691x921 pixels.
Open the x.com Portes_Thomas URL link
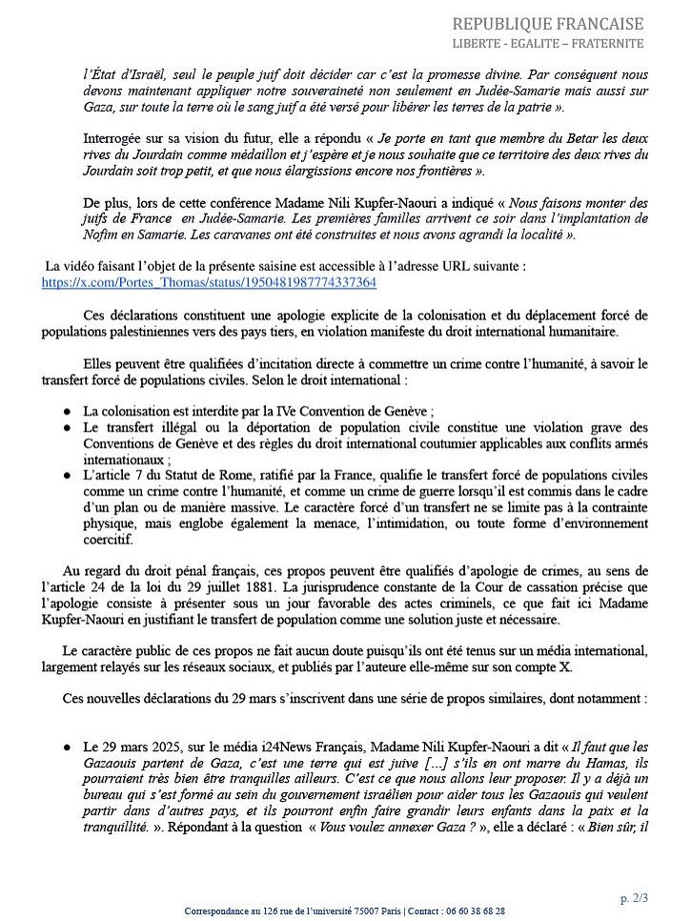click(x=209, y=283)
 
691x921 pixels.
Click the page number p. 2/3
click(x=634, y=898)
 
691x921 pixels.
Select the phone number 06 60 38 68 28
click(x=477, y=911)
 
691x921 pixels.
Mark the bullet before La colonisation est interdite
click(x=67, y=412)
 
